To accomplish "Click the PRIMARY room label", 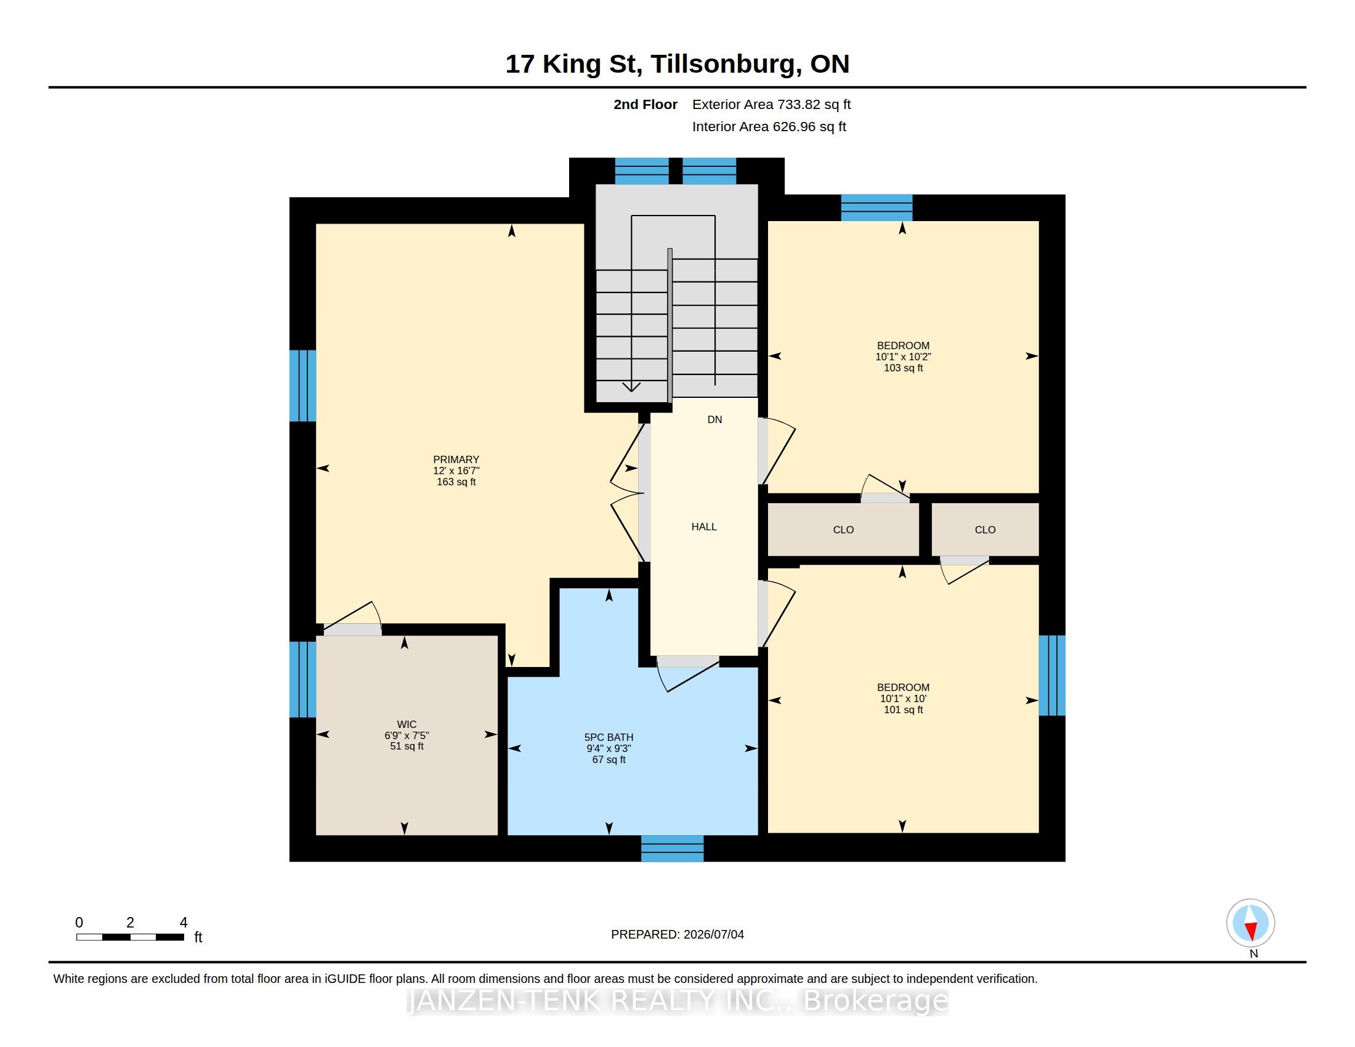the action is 456,459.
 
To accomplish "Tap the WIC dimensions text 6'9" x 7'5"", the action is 407,735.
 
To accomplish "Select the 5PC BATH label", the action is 609,737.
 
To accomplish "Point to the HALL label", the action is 704,527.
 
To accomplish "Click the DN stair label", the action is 714,419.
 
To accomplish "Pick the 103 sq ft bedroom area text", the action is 904,368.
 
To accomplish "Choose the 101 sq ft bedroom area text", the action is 904,709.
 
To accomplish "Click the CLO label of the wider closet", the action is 843,530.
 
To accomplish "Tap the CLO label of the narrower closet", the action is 985,530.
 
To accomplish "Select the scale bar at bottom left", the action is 131,937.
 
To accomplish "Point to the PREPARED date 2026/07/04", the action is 713,934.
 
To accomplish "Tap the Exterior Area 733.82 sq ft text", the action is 771,105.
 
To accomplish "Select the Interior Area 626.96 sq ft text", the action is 769,126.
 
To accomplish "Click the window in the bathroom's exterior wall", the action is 673,849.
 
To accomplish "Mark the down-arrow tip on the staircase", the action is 631,391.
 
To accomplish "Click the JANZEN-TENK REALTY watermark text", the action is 678,1000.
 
